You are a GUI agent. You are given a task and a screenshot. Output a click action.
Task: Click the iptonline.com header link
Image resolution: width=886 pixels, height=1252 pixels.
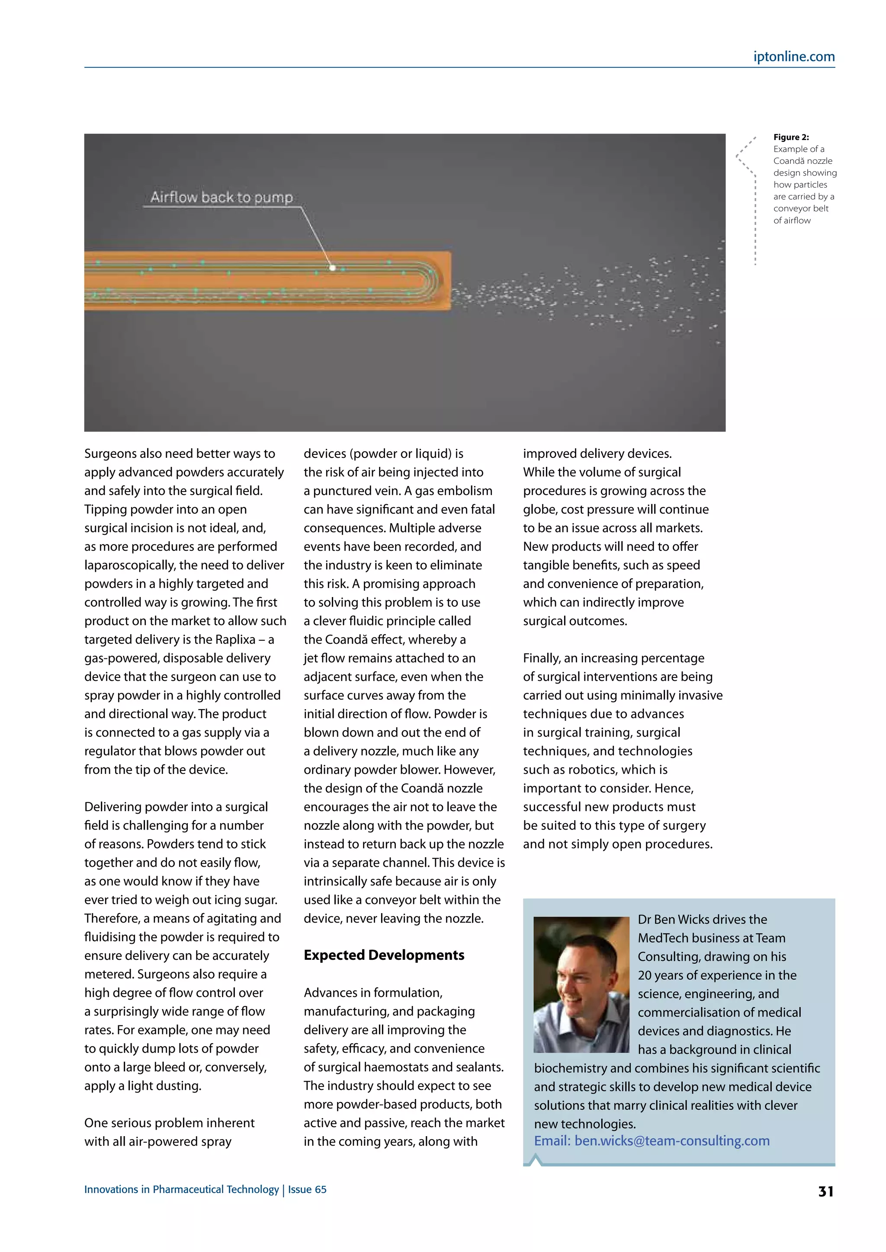794,57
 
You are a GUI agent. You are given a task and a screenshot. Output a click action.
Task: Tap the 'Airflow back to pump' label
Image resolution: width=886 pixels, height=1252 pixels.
221,198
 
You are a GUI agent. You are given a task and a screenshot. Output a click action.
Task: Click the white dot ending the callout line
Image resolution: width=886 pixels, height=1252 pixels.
332,268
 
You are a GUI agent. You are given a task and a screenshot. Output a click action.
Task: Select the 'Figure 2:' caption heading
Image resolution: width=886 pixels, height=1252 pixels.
790,137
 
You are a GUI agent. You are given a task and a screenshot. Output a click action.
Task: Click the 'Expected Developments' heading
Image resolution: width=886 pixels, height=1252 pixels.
384,955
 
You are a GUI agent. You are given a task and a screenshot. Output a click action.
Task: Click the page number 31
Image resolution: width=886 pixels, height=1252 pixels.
825,1191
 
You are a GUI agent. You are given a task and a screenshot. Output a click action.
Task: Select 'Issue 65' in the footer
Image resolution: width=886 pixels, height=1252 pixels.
307,1189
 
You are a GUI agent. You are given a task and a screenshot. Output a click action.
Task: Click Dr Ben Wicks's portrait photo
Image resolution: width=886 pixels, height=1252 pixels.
581,984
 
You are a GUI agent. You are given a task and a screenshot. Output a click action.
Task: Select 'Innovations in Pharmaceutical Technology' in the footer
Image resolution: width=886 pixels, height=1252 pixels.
181,1189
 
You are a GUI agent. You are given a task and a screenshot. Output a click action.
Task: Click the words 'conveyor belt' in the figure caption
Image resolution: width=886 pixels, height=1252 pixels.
800,208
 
